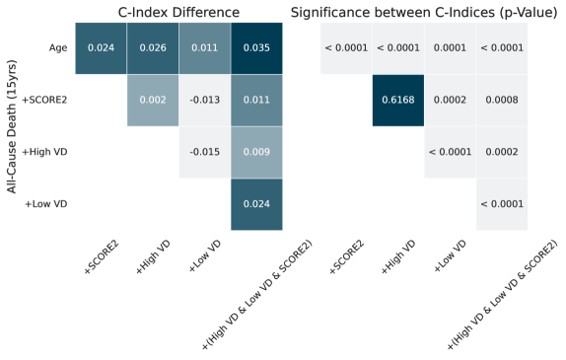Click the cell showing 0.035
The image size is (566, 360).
tap(256, 47)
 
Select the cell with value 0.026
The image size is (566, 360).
tap(153, 47)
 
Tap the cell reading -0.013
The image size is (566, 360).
tap(205, 100)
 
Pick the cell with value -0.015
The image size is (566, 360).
tap(205, 151)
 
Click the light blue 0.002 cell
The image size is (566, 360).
tap(153, 100)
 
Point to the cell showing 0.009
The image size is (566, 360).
tap(256, 151)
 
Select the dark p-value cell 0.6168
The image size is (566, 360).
tap(398, 100)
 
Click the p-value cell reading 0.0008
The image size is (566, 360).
tap(502, 100)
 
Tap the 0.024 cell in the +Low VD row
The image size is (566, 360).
tap(256, 203)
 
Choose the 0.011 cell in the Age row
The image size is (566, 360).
tap(205, 47)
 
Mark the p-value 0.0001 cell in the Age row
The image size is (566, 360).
tap(450, 47)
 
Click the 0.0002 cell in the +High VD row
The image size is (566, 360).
tap(502, 151)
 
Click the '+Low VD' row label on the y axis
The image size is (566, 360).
tap(47, 203)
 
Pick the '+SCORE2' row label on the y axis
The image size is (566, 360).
tap(46, 100)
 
